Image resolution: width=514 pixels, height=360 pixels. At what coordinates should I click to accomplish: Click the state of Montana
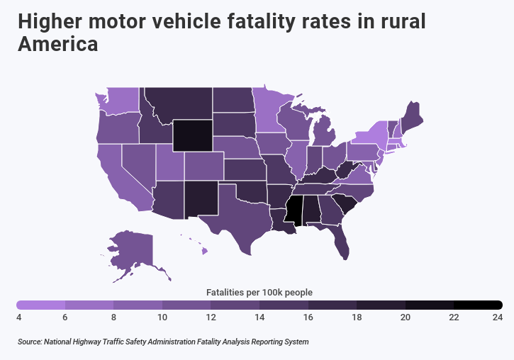pyautogui.click(x=177, y=103)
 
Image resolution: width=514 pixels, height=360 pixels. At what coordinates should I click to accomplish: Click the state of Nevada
pyautogui.click(x=137, y=163)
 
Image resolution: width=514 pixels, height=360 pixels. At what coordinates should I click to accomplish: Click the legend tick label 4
pyautogui.click(x=18, y=317)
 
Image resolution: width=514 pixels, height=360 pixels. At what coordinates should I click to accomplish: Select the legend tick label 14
pyautogui.click(x=259, y=317)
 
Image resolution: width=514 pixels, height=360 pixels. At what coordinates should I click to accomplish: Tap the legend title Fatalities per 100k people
pyautogui.click(x=259, y=291)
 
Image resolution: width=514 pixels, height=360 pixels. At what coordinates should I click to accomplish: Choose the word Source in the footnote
pyautogui.click(x=29, y=342)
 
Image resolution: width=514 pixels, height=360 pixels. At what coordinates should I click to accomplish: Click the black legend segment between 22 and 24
pyautogui.click(x=478, y=305)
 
